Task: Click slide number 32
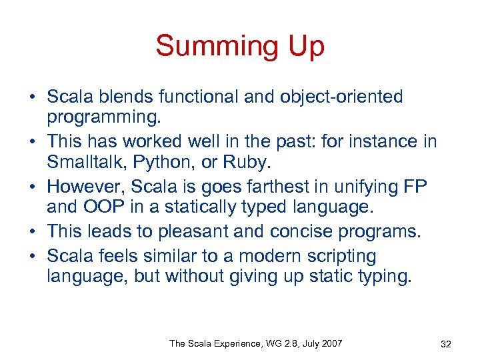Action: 446,344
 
